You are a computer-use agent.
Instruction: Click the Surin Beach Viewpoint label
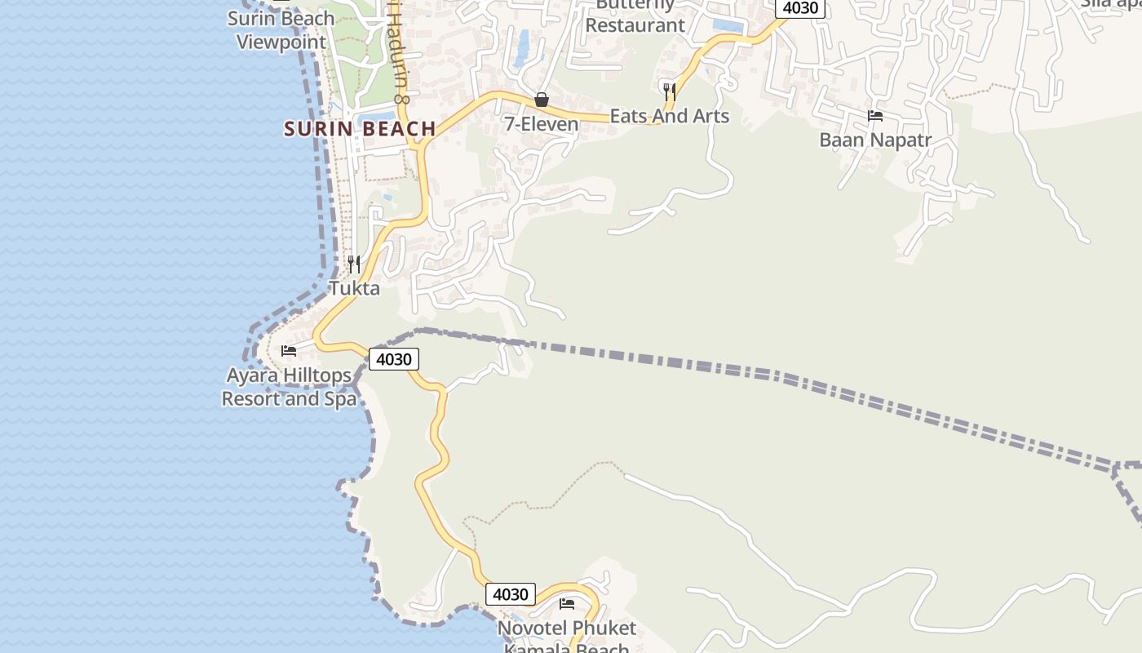pos(281,30)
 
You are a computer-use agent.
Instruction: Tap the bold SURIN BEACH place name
pos(360,129)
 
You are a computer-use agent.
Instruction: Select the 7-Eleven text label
pos(541,125)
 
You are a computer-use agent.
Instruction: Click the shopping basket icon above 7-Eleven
pos(541,100)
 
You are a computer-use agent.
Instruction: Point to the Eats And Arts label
pos(669,116)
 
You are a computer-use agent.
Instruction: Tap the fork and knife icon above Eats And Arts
pos(669,91)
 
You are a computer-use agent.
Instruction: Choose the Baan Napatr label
pos(875,140)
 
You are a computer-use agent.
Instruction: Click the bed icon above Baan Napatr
pos(875,115)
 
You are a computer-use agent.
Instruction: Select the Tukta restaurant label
pos(354,288)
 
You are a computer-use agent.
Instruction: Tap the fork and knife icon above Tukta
pos(354,264)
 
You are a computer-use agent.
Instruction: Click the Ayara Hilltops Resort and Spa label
pos(289,387)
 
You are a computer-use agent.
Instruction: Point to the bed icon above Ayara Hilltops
pos(289,351)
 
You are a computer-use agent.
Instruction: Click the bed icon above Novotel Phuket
pos(567,604)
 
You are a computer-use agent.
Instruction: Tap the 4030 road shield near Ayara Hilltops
pos(394,359)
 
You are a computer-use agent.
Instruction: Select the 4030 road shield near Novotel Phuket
pos(511,594)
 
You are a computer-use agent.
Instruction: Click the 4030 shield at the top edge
pos(799,8)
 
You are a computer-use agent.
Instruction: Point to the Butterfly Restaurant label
pos(635,16)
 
